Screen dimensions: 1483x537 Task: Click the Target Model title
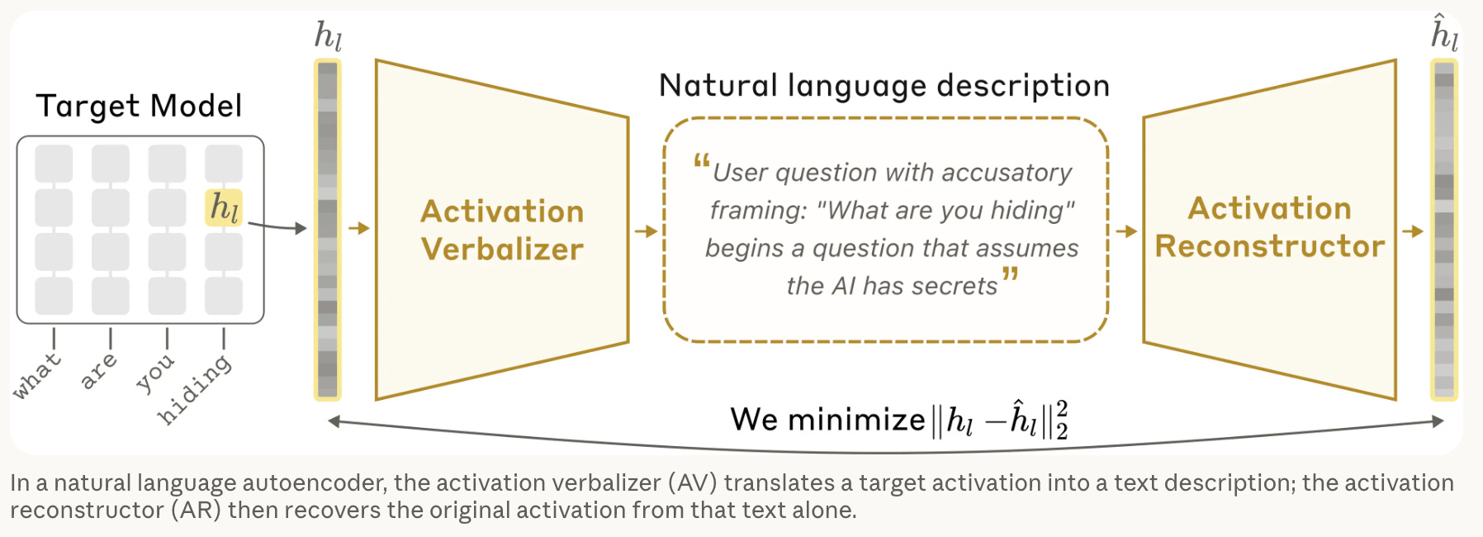139,106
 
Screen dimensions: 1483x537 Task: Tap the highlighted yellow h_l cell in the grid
224,207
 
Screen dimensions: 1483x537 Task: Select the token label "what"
37,375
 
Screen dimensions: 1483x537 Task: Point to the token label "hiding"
195,389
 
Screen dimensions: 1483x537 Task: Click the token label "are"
99,370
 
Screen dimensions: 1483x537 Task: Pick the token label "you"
155,373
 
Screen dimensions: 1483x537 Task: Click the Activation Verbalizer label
502,230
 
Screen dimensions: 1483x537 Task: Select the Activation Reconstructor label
1270,227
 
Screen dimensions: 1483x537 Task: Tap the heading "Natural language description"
884,86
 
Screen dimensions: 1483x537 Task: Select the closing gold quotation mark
1010,274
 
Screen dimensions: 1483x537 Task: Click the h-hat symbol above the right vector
1444,33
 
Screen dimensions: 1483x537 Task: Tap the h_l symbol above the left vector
328,36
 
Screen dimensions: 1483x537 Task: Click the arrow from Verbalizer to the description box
646,231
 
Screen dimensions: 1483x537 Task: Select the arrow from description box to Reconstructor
1126,231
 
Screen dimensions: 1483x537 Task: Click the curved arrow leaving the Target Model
277,226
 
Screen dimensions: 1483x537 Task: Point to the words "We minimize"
827,420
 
